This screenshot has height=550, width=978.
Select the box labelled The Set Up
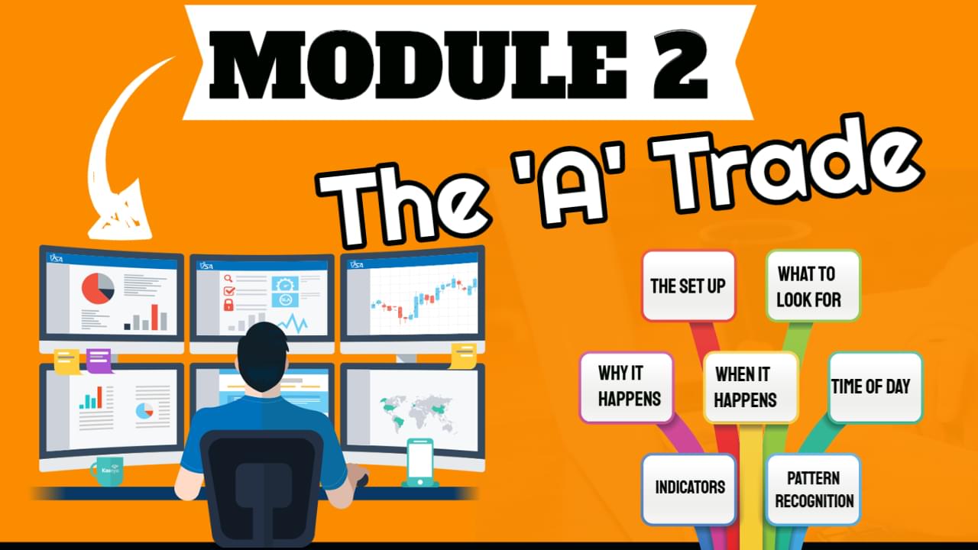[x=688, y=286]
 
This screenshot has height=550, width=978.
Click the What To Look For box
[x=813, y=286]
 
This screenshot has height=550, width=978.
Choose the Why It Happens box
[x=627, y=387]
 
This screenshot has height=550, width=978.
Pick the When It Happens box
[x=751, y=387]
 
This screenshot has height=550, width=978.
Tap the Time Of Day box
[x=876, y=387]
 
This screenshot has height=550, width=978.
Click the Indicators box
[x=688, y=489]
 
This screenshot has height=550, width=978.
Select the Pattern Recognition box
[x=813, y=489]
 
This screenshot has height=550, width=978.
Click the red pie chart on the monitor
[x=97, y=289]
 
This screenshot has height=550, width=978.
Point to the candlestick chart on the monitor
[x=423, y=299]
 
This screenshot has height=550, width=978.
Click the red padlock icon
[x=228, y=305]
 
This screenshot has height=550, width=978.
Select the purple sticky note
[x=99, y=361]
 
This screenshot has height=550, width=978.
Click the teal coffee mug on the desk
[x=108, y=471]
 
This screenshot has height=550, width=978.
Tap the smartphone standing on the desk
[x=420, y=462]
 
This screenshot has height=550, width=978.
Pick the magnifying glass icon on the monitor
[x=228, y=279]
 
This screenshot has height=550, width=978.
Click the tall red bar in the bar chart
[x=154, y=317]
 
